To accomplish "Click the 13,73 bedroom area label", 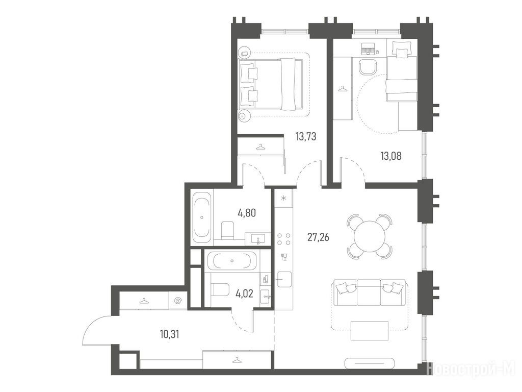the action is coord(306,137).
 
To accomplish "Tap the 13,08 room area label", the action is coord(391,156).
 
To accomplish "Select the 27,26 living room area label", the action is coord(318,237).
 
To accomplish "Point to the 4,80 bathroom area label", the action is coord(247,213).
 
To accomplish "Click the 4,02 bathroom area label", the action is coord(244,293).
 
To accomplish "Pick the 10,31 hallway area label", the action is coord(169,334).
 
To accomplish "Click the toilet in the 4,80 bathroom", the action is coord(228,230).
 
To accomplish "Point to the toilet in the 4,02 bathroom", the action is coord(221,289).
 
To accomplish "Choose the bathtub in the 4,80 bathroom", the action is coord(202,217).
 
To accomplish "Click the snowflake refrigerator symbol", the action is coord(283,199).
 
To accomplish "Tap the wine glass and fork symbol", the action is coord(284,257).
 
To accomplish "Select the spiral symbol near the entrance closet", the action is coord(178,301).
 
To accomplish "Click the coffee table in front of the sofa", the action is coord(370,331).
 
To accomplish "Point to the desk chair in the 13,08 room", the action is coord(368,68).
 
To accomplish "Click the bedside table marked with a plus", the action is coord(242,116).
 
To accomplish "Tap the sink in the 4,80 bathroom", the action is coord(258,239).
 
